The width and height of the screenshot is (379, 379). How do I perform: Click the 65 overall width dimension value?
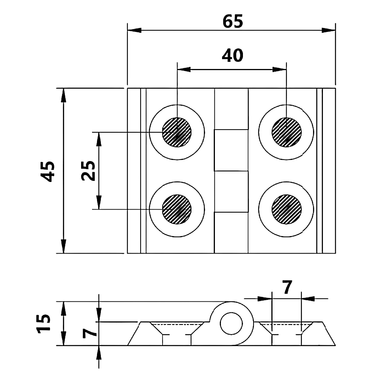(233, 22)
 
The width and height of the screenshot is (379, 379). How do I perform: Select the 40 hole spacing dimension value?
(232, 56)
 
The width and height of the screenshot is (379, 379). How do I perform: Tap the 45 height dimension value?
(48, 171)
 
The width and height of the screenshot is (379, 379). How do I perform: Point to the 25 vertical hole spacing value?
(88, 171)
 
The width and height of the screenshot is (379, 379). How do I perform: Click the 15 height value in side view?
(44, 323)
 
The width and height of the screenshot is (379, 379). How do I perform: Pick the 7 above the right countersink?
(287, 288)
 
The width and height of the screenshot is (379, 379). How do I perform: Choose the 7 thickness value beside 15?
(89, 333)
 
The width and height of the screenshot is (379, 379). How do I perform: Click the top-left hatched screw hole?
(177, 132)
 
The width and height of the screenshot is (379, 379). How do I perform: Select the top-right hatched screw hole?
(287, 132)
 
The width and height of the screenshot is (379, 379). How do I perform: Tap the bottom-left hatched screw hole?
(177, 209)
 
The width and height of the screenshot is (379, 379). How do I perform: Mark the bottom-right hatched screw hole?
(287, 209)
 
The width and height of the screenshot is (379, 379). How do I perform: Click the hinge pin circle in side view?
(232, 323)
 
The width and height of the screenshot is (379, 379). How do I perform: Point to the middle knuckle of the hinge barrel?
(232, 150)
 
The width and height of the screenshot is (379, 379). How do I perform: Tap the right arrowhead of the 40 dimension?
(279, 69)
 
